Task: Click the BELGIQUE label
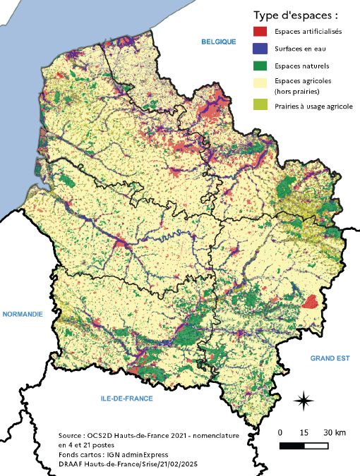(x=217, y=42)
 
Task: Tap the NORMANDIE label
(x=23, y=313)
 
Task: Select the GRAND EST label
(x=330, y=358)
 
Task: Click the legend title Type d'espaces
(x=296, y=14)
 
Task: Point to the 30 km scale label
(x=335, y=432)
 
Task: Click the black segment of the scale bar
(x=292, y=446)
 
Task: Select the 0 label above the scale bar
(x=280, y=432)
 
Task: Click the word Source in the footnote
(x=71, y=437)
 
